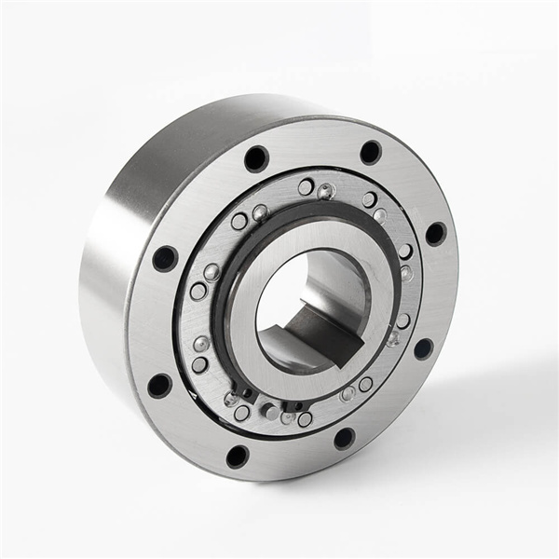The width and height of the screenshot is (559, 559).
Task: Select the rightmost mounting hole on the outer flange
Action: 435,233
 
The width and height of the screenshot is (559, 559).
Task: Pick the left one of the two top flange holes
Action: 256,158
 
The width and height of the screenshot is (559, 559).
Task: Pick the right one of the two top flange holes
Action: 371,152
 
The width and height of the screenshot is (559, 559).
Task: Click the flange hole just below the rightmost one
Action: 423,348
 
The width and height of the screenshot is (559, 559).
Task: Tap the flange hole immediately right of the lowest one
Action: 344,437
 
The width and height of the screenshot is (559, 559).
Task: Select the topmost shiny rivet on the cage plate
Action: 324,192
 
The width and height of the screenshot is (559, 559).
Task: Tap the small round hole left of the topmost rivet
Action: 306,187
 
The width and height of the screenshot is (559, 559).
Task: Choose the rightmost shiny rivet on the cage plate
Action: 406,273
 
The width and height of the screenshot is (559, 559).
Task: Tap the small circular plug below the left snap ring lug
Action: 241,413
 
